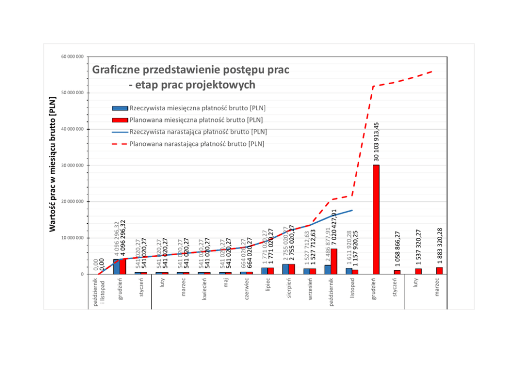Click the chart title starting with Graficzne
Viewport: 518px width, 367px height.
coord(191,76)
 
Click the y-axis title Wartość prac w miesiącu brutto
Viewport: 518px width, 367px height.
coord(53,165)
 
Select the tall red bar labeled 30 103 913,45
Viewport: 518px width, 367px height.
coord(376,219)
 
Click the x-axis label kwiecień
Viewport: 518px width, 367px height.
coord(205,288)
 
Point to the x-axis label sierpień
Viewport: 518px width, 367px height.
coord(289,288)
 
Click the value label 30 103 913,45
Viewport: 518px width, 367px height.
coord(376,141)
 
